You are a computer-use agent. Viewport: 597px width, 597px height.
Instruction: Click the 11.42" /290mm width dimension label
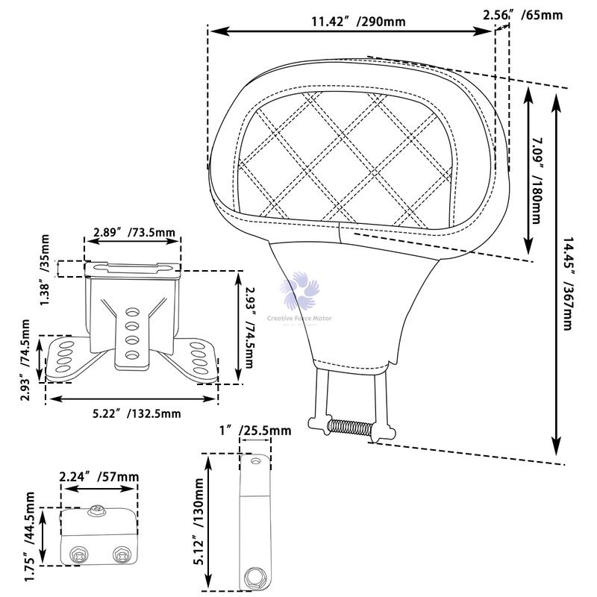click(358, 21)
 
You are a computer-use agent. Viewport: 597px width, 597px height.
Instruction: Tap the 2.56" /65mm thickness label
click(522, 15)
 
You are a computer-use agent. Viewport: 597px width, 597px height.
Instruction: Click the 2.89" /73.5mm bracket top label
click(134, 233)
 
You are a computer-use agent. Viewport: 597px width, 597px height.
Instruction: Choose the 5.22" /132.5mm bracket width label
click(131, 413)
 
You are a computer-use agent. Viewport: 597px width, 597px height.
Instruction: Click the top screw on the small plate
click(96, 512)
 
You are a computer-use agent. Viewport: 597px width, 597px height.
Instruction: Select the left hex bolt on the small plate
click(79, 555)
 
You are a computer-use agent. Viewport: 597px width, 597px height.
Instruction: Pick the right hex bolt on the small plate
click(119, 555)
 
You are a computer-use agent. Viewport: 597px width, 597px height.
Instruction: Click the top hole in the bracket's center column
click(132, 311)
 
